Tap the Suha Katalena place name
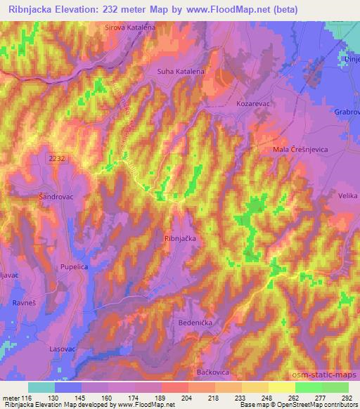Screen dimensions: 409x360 click(x=182, y=72)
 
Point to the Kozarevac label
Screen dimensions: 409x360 click(x=252, y=103)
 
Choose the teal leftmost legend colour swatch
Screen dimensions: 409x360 click(x=41, y=387)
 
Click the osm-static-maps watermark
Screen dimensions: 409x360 click(x=330, y=375)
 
